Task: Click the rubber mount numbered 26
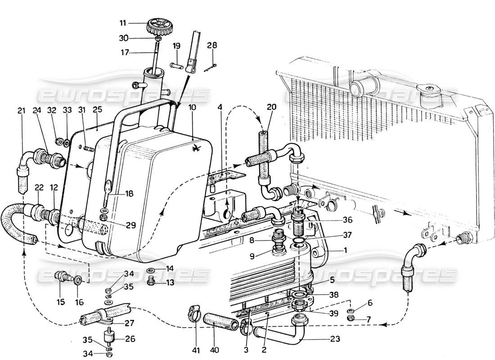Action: click(x=108, y=337)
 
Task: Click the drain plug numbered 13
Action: click(x=152, y=281)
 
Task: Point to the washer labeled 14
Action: click(x=152, y=271)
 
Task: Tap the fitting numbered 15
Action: click(x=61, y=276)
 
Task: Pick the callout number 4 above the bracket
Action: click(x=220, y=108)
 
